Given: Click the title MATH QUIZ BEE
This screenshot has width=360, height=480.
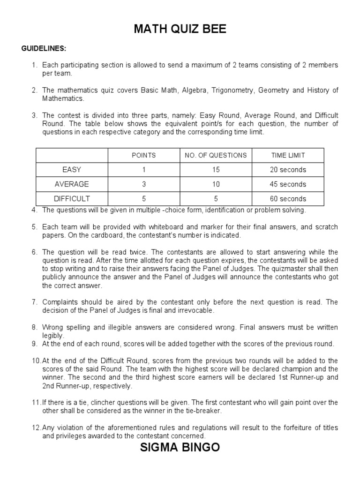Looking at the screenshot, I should click(180, 30).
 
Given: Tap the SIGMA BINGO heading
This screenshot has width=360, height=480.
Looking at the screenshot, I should click(180, 447).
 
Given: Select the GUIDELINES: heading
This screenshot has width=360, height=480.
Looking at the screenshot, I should click(44, 49).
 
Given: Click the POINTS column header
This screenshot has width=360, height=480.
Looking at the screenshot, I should click(144, 155).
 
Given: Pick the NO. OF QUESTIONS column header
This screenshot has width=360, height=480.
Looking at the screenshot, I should click(216, 155).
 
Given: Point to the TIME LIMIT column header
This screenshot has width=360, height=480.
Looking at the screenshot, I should click(288, 155).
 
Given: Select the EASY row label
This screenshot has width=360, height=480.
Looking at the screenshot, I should click(72, 170).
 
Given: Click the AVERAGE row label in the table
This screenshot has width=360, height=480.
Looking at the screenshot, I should click(72, 184).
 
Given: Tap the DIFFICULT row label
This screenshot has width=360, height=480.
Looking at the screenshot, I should click(72, 199).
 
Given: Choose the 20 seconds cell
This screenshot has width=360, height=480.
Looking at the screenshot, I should click(288, 170).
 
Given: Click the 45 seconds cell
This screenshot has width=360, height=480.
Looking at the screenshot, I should click(288, 184).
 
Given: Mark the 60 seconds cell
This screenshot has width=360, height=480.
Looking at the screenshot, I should click(288, 199).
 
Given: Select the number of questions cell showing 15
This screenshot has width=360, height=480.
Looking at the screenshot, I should click(216, 170).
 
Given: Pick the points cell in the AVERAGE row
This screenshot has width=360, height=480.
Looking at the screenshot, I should click(144, 184).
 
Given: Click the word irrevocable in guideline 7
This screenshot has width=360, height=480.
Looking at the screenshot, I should click(192, 311).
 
